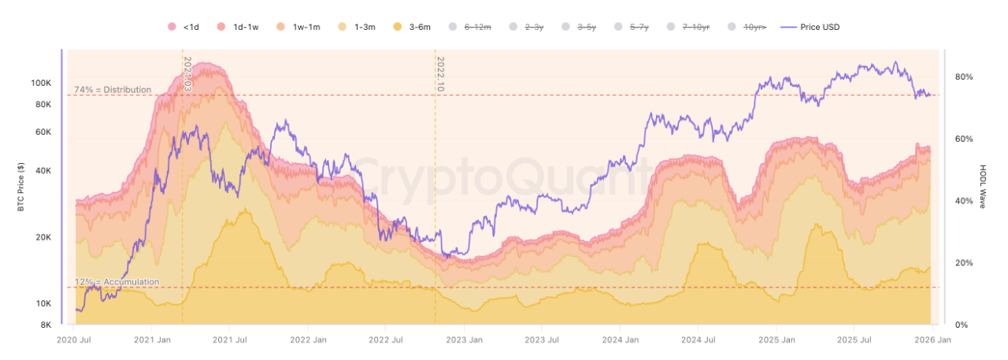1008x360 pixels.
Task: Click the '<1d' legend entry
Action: pyautogui.click(x=185, y=27)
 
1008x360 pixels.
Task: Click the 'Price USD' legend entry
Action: pyautogui.click(x=811, y=27)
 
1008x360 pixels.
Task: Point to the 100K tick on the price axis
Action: pyautogui.click(x=40, y=83)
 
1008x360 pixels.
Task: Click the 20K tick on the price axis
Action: pyautogui.click(x=43, y=237)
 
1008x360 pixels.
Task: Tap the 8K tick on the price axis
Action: pyautogui.click(x=45, y=325)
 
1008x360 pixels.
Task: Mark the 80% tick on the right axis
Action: pyautogui.click(x=963, y=77)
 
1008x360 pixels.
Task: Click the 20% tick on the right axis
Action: pyautogui.click(x=963, y=263)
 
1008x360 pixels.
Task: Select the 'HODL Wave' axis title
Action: pyautogui.click(x=984, y=187)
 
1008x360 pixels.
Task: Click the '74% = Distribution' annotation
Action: pyautogui.click(x=113, y=90)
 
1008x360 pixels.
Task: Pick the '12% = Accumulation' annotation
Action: pyautogui.click(x=117, y=282)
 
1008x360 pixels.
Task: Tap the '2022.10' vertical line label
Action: pyautogui.click(x=440, y=74)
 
